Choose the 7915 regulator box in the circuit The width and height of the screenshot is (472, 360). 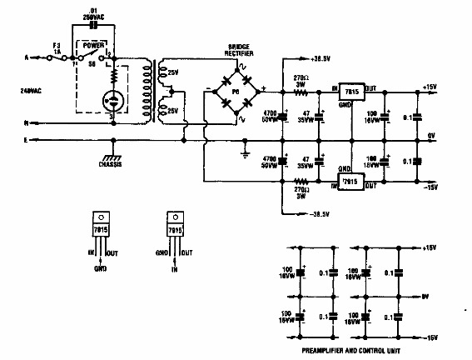tap(350, 182)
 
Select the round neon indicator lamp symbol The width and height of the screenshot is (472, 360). tap(111, 102)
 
